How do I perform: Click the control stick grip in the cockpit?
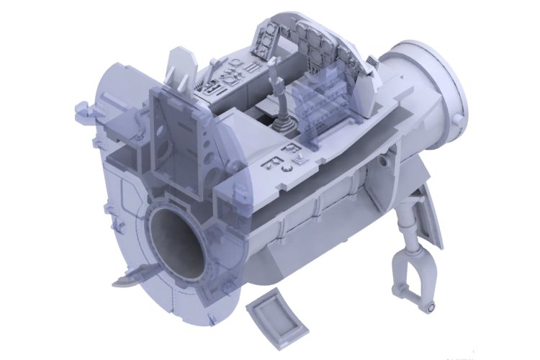coord(274,73)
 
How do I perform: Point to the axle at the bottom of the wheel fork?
coord(430,307)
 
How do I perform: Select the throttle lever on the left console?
coord(211,72)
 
